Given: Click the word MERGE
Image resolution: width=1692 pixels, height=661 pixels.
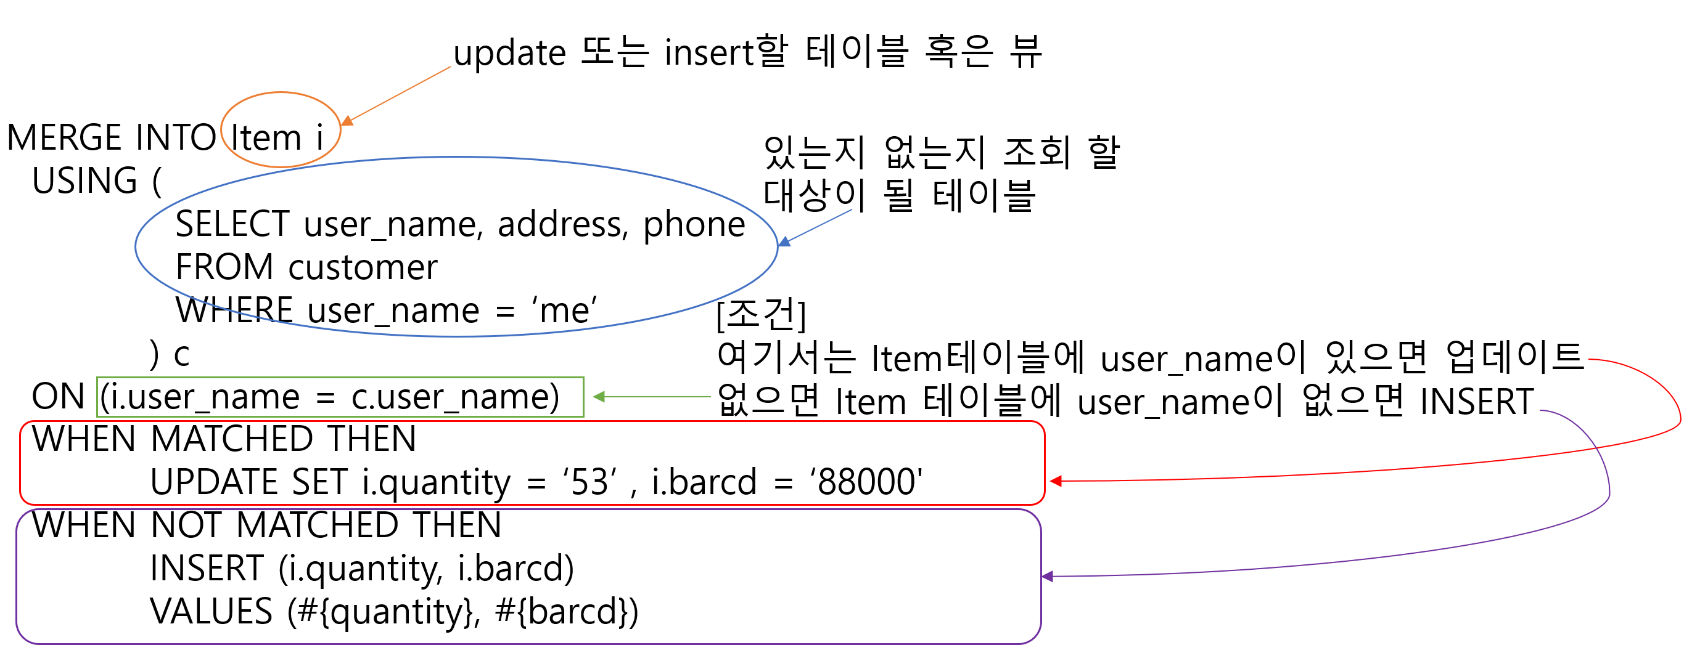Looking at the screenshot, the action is (x=64, y=138).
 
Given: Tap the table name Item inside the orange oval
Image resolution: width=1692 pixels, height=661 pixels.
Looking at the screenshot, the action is (x=265, y=138).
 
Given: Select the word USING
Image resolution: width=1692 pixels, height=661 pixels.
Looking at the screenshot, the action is (x=84, y=181).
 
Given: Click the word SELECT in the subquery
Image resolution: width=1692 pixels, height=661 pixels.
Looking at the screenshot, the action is (x=232, y=224).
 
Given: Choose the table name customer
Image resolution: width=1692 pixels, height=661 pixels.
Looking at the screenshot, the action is (x=363, y=268).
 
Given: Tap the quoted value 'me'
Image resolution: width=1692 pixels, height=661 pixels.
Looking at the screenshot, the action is (x=564, y=310).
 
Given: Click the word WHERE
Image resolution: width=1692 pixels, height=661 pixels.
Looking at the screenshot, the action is (x=234, y=310).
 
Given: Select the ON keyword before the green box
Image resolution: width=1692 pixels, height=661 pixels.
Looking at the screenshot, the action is (x=59, y=397).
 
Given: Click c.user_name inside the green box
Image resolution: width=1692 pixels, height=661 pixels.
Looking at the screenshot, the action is (x=454, y=397).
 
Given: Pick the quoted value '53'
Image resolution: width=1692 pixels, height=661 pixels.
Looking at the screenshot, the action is (x=590, y=482).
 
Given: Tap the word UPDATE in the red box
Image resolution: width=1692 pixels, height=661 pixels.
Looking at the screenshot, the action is (x=215, y=482).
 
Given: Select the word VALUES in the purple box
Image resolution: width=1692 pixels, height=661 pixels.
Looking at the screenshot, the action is (x=211, y=612).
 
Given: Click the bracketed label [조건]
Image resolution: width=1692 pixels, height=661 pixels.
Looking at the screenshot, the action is (x=761, y=314).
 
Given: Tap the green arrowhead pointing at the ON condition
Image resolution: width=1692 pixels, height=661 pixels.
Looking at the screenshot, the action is (x=598, y=397).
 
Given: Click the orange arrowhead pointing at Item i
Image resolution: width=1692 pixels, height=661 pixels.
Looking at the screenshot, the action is (x=347, y=121).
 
